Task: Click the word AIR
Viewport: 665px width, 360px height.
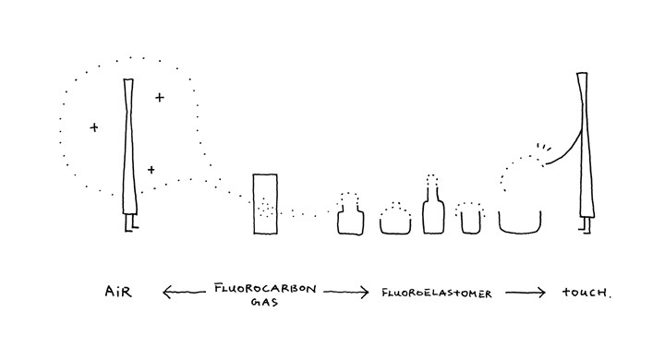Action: [x=118, y=292]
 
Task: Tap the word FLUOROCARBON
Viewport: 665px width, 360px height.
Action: [x=265, y=289]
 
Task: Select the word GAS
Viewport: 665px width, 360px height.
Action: [x=264, y=303]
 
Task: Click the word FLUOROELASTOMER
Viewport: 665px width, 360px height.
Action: [x=436, y=293]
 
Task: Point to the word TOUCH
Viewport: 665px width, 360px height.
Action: [x=586, y=293]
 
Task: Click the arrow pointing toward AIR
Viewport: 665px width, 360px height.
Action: [x=184, y=292]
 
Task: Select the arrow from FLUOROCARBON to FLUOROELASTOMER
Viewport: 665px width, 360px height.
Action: [x=346, y=292]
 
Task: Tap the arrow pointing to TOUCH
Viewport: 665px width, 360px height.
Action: [x=525, y=293]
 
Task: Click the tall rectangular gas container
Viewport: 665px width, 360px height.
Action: [x=265, y=203]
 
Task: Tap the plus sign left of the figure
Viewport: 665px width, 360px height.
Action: [x=94, y=126]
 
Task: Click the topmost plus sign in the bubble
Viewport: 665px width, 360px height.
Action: [x=160, y=98]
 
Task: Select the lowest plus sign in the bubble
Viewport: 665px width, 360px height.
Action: [x=151, y=170]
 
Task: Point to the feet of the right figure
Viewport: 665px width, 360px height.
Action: [x=586, y=224]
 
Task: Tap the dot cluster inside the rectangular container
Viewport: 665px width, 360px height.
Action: [x=265, y=209]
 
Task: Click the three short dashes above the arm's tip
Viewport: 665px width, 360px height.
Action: [x=544, y=147]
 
